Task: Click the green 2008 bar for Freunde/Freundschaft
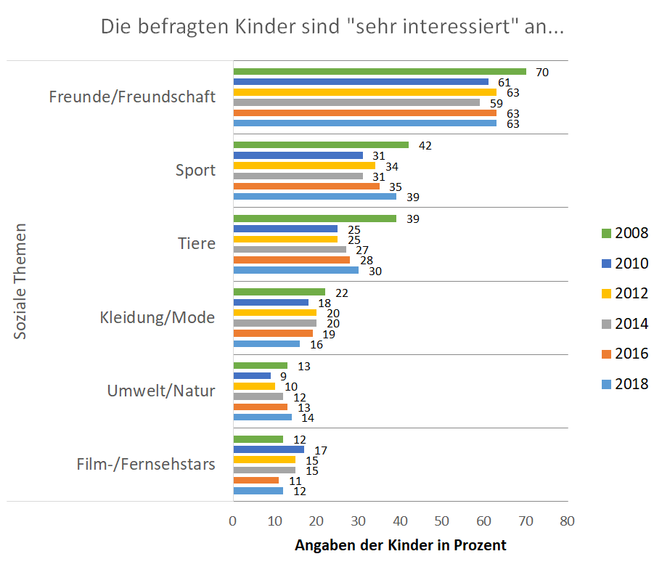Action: pyautogui.click(x=379, y=71)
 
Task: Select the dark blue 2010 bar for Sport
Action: pyautogui.click(x=298, y=155)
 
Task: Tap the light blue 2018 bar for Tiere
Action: pyautogui.click(x=295, y=270)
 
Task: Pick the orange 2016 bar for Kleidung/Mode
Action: pyautogui.click(x=272, y=333)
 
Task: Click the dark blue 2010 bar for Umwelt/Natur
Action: pyautogui.click(x=251, y=376)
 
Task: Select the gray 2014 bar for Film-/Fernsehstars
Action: pyautogui.click(x=264, y=470)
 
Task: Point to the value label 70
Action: pyautogui.click(x=542, y=72)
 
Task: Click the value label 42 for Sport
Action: pyautogui.click(x=425, y=145)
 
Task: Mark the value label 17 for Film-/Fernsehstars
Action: pyautogui.click(x=320, y=450)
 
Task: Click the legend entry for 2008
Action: pyautogui.click(x=624, y=233)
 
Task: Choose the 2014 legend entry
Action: pyautogui.click(x=624, y=324)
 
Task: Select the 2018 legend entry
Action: pyautogui.click(x=624, y=384)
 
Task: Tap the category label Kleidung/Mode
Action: pyautogui.click(x=157, y=317)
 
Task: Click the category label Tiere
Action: pyautogui.click(x=197, y=243)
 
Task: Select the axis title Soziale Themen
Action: pyautogui.click(x=21, y=280)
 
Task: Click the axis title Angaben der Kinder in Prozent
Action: pyautogui.click(x=400, y=545)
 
